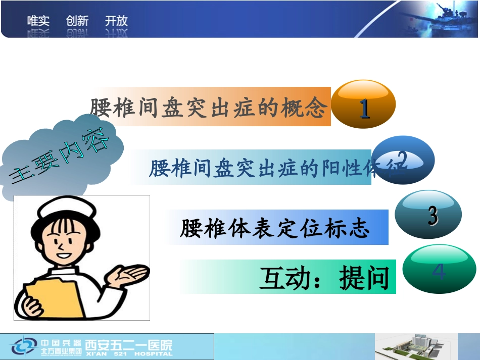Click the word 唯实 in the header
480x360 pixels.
(38, 21)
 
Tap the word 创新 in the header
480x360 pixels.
(77, 21)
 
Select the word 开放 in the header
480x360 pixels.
(116, 21)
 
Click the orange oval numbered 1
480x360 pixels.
(365, 105)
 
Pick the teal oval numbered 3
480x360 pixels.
(428, 214)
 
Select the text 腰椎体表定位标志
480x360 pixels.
(275, 228)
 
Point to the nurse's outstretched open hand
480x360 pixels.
(128, 275)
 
